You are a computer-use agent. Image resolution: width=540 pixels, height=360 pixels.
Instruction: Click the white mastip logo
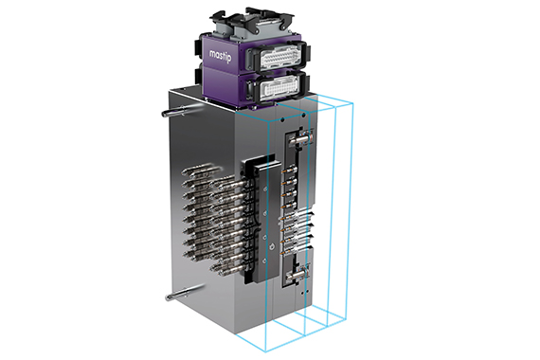click(221, 56)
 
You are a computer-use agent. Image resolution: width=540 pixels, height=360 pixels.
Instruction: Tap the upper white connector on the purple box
click(279, 57)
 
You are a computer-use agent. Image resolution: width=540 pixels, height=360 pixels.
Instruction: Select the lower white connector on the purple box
click(279, 87)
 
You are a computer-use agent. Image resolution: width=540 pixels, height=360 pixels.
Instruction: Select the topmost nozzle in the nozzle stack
click(203, 171)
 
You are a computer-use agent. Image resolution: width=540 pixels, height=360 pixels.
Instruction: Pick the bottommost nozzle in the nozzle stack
click(227, 267)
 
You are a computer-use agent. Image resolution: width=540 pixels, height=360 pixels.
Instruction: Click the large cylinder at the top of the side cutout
click(299, 137)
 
